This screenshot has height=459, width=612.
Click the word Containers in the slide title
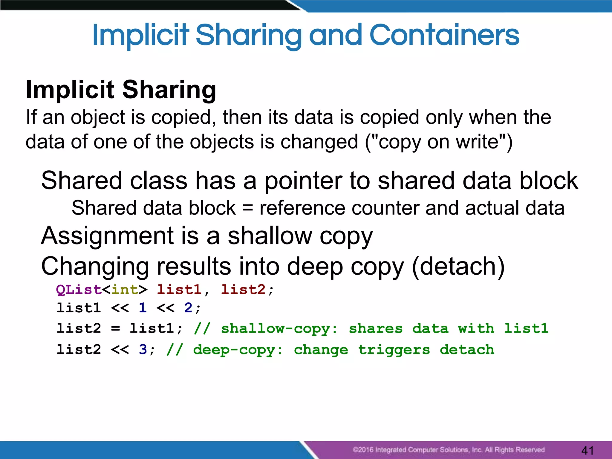pyautogui.click(x=444, y=35)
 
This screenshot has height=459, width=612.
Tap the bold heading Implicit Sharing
pyautogui.click(x=121, y=89)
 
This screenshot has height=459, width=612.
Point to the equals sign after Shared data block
pyautogui.click(x=248, y=208)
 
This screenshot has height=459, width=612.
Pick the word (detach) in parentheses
pyautogui.click(x=458, y=266)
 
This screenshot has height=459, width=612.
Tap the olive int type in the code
pyautogui.click(x=125, y=290)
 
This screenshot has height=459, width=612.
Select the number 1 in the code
pyautogui.click(x=143, y=308)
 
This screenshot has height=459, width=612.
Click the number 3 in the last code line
pyautogui.click(x=143, y=349)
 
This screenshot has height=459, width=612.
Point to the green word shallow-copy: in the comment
pyautogui.click(x=279, y=329)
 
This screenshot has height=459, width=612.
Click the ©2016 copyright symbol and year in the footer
pyautogui.click(x=363, y=450)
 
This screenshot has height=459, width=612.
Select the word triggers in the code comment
pyautogui.click(x=394, y=350)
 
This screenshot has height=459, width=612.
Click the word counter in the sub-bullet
pyautogui.click(x=385, y=208)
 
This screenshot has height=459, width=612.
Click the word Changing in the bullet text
pyautogui.click(x=95, y=266)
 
